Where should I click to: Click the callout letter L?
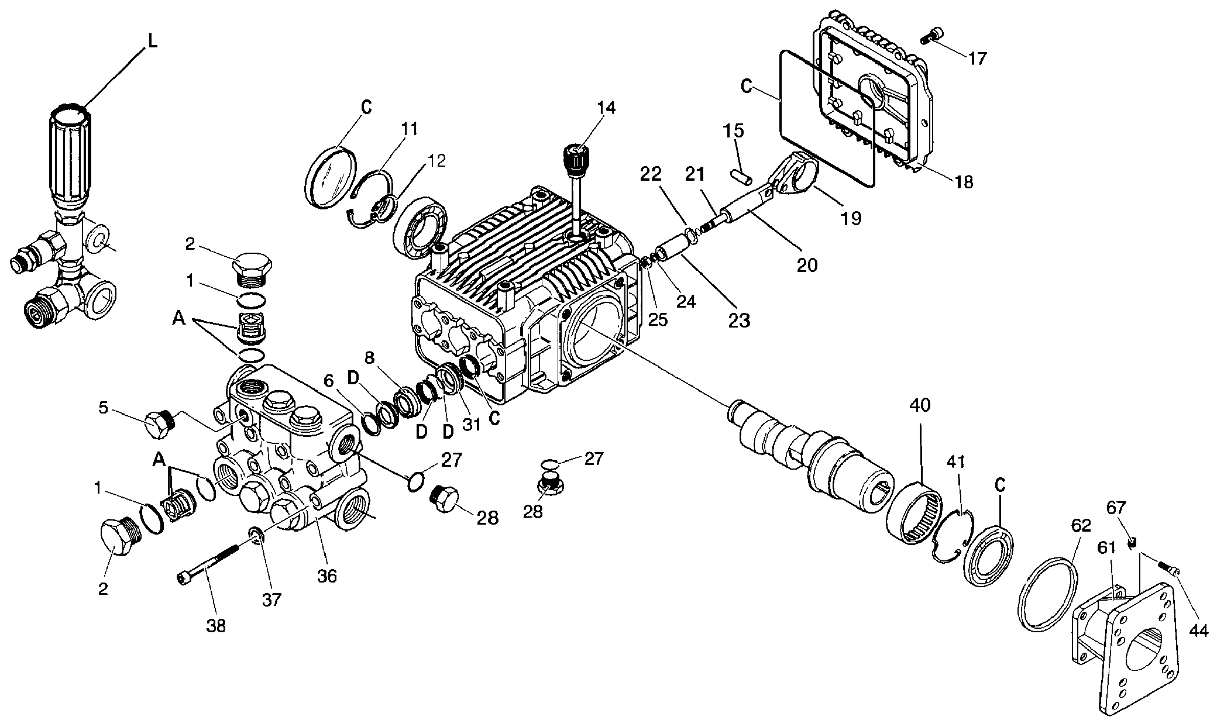(152, 42)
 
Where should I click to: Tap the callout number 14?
(606, 108)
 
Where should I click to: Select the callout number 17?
(977, 58)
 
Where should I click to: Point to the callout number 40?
(920, 405)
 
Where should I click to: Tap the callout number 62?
(1081, 526)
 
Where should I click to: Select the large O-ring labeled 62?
(1050, 594)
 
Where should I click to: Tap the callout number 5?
(104, 407)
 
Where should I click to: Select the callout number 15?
(733, 131)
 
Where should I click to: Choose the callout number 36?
(327, 576)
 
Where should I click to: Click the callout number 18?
(963, 182)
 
